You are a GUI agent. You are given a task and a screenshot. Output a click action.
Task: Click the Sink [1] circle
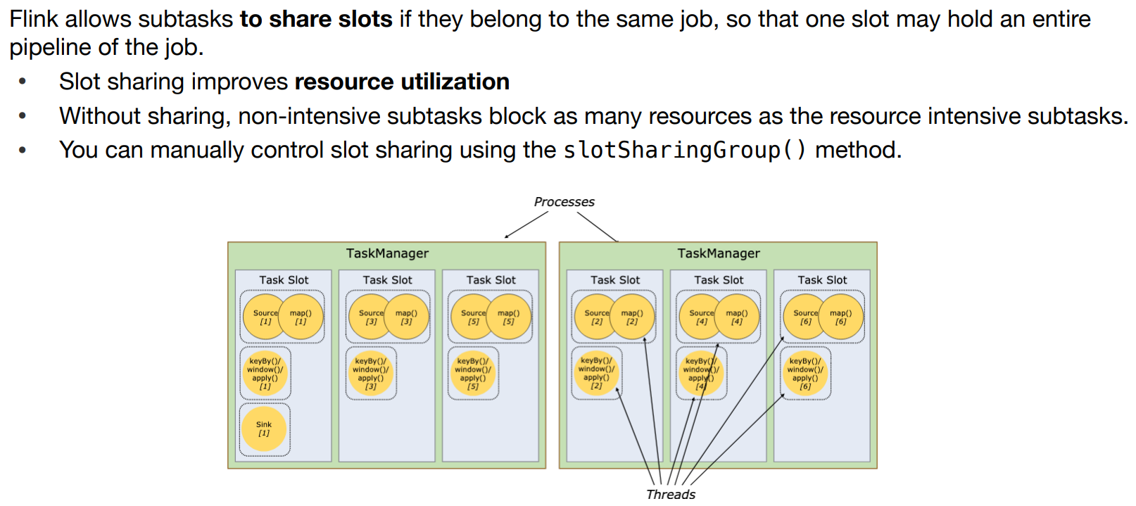[263, 429]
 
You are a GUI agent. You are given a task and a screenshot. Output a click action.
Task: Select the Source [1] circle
[263, 317]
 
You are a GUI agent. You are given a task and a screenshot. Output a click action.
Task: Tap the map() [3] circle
[408, 317]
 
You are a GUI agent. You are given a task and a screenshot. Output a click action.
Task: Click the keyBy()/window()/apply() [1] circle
[265, 374]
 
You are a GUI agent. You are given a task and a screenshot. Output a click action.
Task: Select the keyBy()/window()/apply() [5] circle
[473, 374]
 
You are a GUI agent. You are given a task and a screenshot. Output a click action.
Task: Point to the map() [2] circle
[633, 317]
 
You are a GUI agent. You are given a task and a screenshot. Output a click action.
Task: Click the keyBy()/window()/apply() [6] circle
[805, 374]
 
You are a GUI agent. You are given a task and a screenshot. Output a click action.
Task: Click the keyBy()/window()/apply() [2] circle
[596, 373]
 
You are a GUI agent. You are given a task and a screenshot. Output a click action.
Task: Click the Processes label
[564, 202]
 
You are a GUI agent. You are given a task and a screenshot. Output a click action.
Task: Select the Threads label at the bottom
[671, 494]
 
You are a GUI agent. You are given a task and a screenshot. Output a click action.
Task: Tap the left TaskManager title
[387, 253]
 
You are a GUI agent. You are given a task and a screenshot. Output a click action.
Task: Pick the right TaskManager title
[719, 253]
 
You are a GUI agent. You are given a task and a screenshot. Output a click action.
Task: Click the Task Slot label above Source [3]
[387, 280]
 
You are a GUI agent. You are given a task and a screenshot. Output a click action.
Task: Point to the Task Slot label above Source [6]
[822, 280]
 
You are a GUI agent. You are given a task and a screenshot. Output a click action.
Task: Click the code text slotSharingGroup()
[684, 150]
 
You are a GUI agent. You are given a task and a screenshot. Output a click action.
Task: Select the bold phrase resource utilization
[402, 82]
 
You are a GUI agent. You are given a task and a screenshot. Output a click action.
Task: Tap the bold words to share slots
[316, 19]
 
